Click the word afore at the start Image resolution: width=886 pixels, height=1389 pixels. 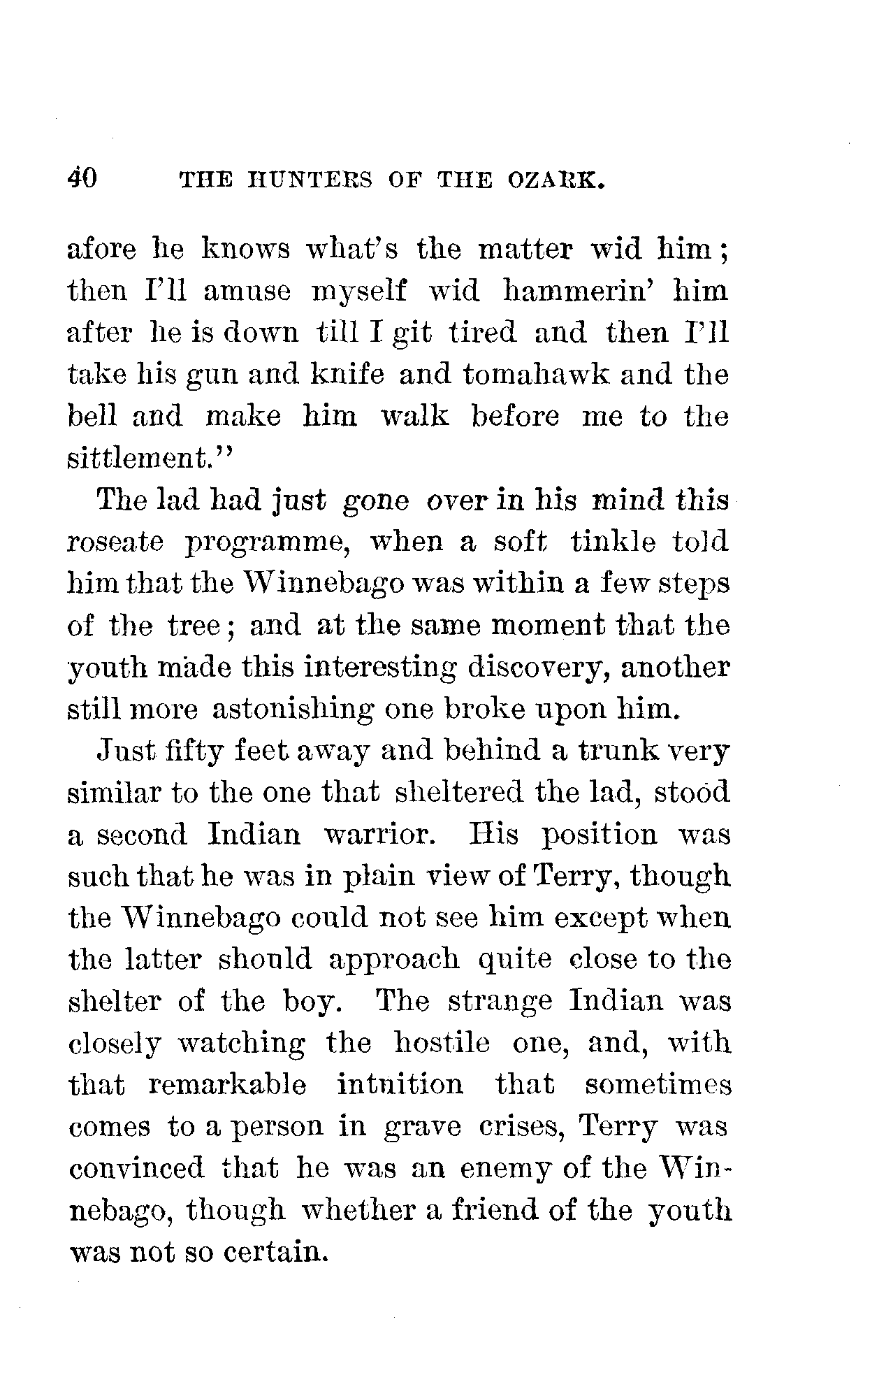[x=102, y=250]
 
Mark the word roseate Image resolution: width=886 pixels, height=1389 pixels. [x=117, y=543]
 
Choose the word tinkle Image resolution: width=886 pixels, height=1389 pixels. [x=613, y=543]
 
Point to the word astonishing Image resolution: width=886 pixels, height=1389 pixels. [x=291, y=710]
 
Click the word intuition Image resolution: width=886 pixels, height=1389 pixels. [x=400, y=1086]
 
